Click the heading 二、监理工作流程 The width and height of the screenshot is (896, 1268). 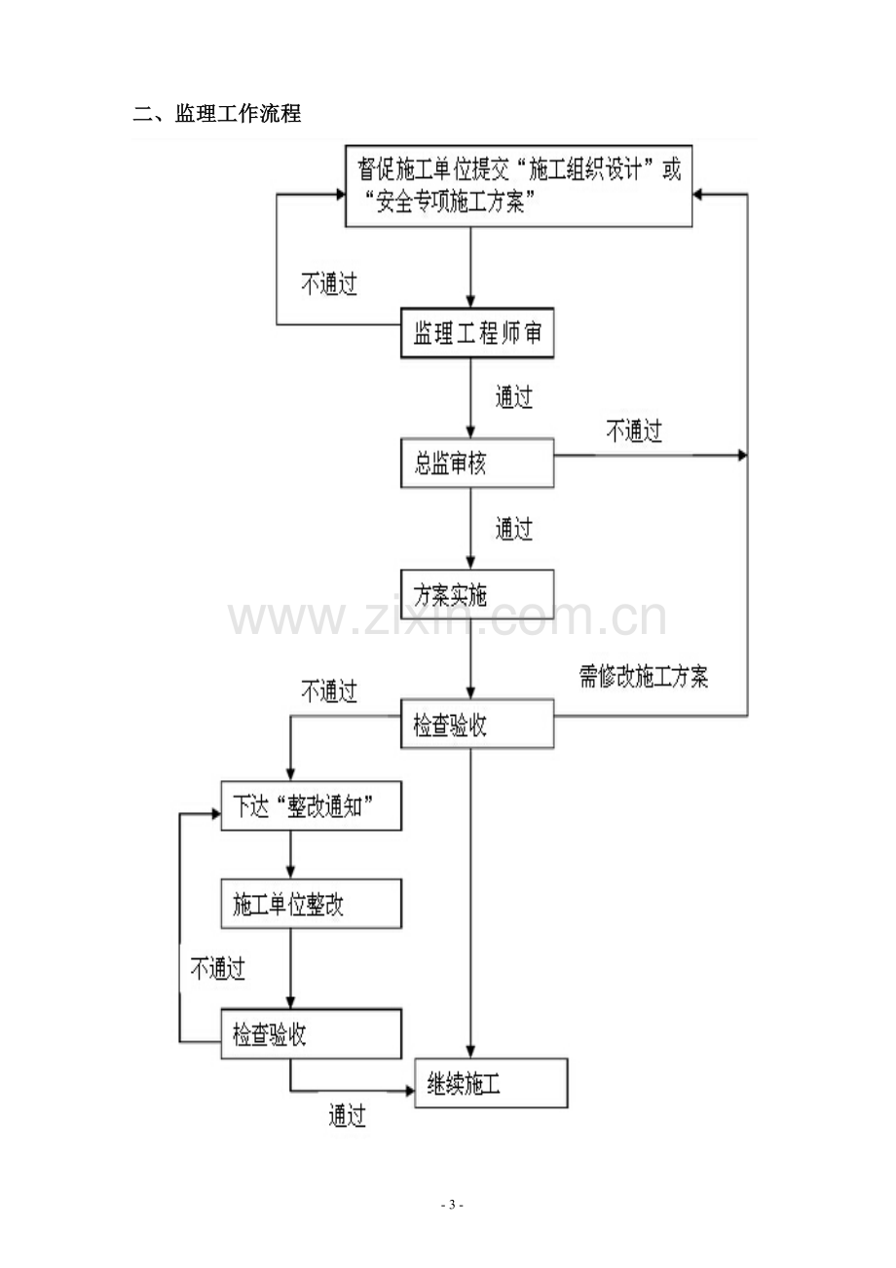(x=217, y=114)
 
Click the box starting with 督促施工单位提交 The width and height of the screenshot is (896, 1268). (x=518, y=186)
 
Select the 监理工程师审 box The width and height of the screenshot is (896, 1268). (x=477, y=333)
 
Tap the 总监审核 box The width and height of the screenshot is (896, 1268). (x=477, y=463)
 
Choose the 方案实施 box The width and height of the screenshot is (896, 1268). (x=477, y=594)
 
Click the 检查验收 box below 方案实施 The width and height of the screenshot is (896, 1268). (x=477, y=724)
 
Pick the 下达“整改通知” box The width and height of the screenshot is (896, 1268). (x=312, y=806)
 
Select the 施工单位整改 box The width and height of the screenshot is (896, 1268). (x=312, y=904)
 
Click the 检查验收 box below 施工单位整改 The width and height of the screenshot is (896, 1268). (x=312, y=1034)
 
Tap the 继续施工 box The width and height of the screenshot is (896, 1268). (x=491, y=1084)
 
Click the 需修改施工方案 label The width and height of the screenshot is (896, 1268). (x=643, y=677)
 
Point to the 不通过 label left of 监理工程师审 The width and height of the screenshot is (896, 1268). (x=329, y=283)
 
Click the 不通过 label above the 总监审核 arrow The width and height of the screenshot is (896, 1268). (x=634, y=431)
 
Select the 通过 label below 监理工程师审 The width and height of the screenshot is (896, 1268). (x=514, y=396)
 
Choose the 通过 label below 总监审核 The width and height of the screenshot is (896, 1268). (x=514, y=529)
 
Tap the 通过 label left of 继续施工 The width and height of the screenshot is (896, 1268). (x=347, y=1116)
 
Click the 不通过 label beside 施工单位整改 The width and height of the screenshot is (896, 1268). (x=218, y=969)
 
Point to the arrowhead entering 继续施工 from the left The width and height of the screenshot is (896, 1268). (x=410, y=1090)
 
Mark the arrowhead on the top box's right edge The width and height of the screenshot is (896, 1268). (x=698, y=195)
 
